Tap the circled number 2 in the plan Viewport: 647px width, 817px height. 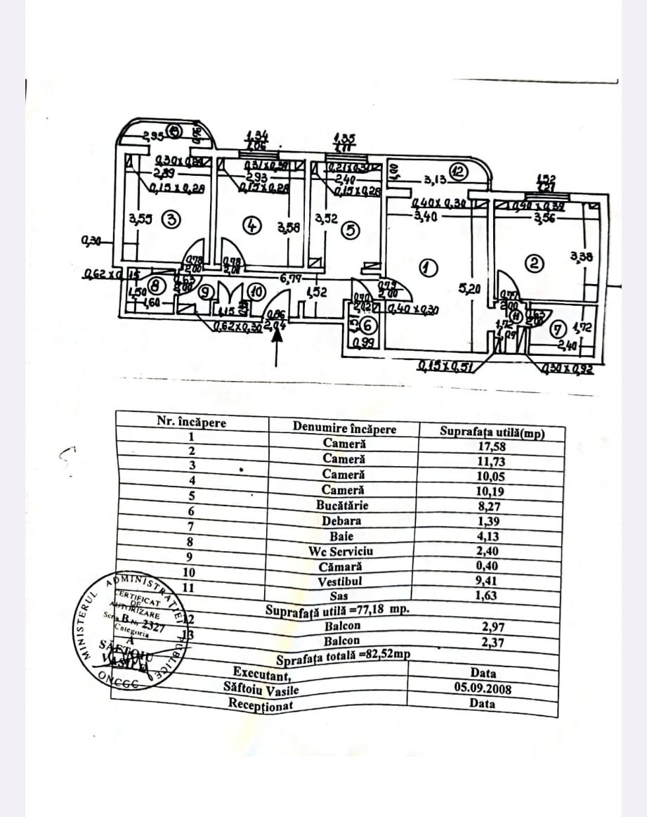pyautogui.click(x=535, y=264)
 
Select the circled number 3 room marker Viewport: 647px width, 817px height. pyautogui.click(x=170, y=219)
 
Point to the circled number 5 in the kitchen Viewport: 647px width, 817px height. pyautogui.click(x=349, y=230)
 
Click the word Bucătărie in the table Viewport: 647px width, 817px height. pyautogui.click(x=343, y=505)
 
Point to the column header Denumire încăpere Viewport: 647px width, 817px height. pyautogui.click(x=344, y=428)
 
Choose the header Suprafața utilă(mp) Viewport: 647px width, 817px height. pyautogui.click(x=492, y=432)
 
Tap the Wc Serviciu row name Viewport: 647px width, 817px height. pyautogui.click(x=341, y=551)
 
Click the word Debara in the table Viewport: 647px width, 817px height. pyautogui.click(x=342, y=521)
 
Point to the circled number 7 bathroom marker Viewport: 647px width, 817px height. pyautogui.click(x=559, y=328)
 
